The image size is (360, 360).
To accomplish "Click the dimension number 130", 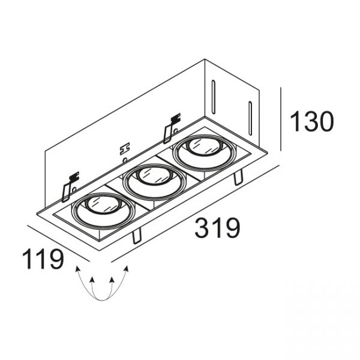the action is point(312,121).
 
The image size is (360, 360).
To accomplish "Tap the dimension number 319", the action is point(217,228).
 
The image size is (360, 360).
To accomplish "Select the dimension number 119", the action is point(43,259).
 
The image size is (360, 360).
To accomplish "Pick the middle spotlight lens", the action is point(154,176).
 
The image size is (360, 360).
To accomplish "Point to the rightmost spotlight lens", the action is point(205,146).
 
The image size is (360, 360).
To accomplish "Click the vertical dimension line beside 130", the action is point(281,119).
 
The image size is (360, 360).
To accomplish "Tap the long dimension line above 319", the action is point(195,214).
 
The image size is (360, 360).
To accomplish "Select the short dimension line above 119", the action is point(58,244).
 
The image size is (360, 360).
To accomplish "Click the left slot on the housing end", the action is point(214,97).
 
